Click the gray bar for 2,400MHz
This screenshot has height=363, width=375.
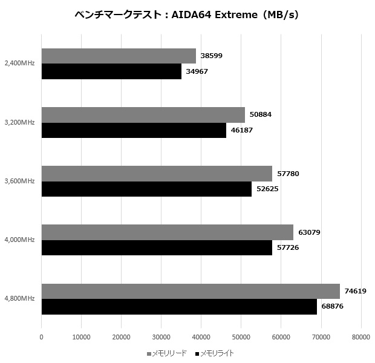pyautogui.click(x=119, y=56)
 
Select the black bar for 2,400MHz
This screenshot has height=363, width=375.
pyautogui.click(x=111, y=71)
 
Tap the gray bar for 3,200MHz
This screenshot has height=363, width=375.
pyautogui.click(x=143, y=115)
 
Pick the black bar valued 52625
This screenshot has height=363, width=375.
pyautogui.click(x=146, y=189)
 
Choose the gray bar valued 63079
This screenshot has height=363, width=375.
pyautogui.click(x=168, y=232)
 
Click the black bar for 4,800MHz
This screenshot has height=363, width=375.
pyautogui.click(x=179, y=307)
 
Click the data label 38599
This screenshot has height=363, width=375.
pyautogui.click(x=212, y=56)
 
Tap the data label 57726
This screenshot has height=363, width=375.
pyautogui.click(x=289, y=247)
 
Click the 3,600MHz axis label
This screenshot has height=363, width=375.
pyautogui.click(x=19, y=181)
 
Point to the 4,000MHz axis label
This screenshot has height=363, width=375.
pyautogui.click(x=19, y=240)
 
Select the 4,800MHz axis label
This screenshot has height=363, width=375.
pyautogui.click(x=19, y=299)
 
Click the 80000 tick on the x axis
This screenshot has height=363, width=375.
pyautogui.click(x=360, y=337)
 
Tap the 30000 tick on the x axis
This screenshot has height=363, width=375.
pyautogui.click(x=161, y=337)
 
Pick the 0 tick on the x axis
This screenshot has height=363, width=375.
pyautogui.click(x=41, y=337)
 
